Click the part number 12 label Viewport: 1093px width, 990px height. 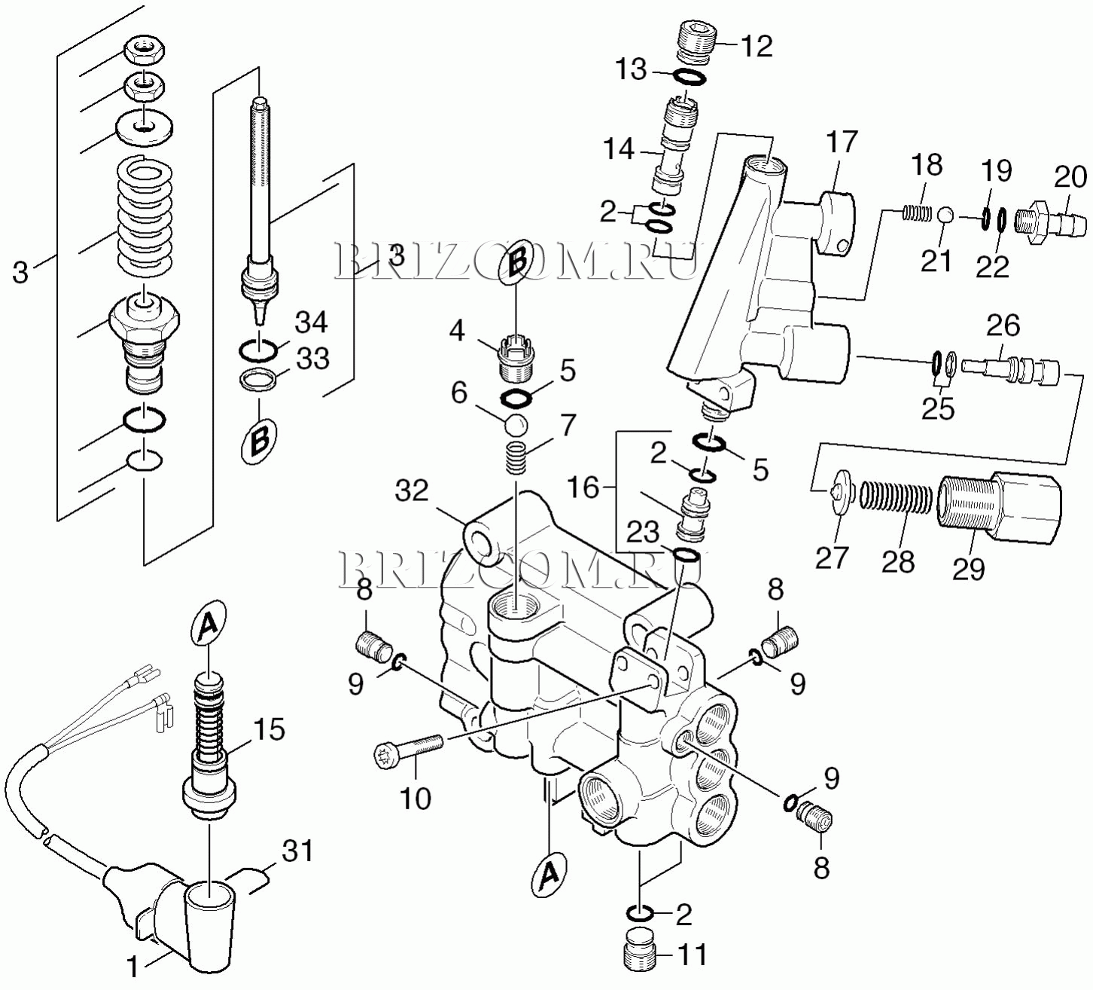[757, 47]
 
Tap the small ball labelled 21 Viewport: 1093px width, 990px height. [946, 215]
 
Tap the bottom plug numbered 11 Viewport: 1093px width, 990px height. [641, 952]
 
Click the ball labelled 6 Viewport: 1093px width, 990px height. [515, 425]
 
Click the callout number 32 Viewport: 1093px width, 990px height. [412, 490]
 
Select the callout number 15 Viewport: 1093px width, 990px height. [269, 729]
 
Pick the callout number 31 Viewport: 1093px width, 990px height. [297, 851]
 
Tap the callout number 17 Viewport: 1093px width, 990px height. [842, 142]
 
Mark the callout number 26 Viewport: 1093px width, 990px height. [1003, 325]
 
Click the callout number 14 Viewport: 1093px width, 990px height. [619, 149]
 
